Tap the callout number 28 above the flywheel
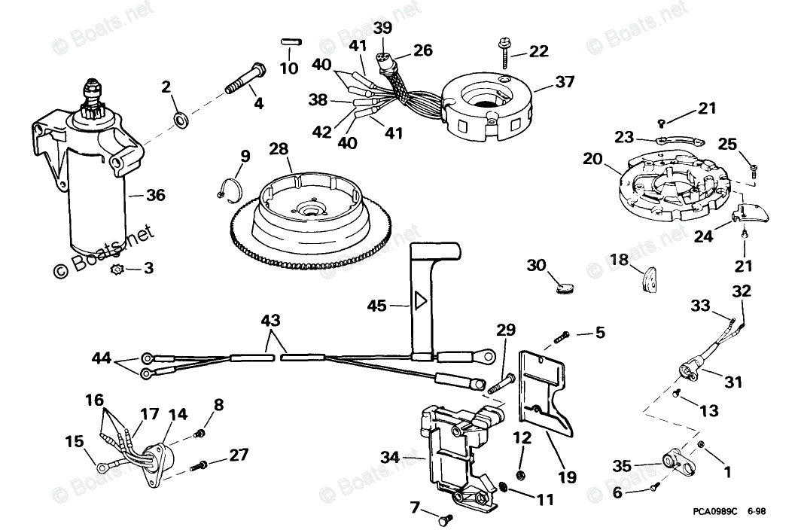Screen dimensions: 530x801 [x=279, y=149]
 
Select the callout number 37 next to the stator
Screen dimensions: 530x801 [x=565, y=81]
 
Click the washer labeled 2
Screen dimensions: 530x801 [x=181, y=118]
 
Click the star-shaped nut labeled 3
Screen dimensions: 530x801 [x=117, y=268]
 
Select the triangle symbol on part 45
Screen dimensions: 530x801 [x=419, y=302]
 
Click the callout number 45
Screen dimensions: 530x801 [x=376, y=305]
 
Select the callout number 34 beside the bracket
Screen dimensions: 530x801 [x=389, y=456]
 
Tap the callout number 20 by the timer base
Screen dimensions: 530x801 [x=592, y=159]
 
